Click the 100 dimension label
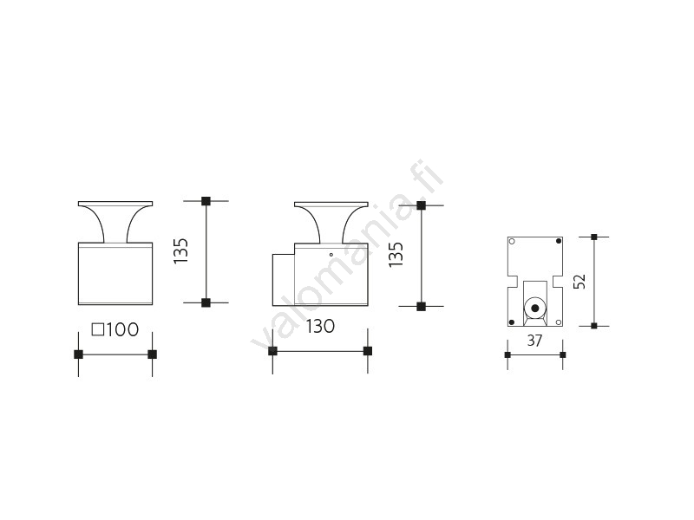point(121,330)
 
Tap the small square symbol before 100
point(98,330)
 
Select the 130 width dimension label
point(320,327)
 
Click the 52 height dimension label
point(579,281)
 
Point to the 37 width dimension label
point(534,341)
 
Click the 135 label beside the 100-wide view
point(181,251)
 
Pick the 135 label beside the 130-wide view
point(396,254)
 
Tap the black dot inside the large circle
point(535,308)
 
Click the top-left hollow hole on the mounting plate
point(512,242)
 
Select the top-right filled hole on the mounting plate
point(559,241)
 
